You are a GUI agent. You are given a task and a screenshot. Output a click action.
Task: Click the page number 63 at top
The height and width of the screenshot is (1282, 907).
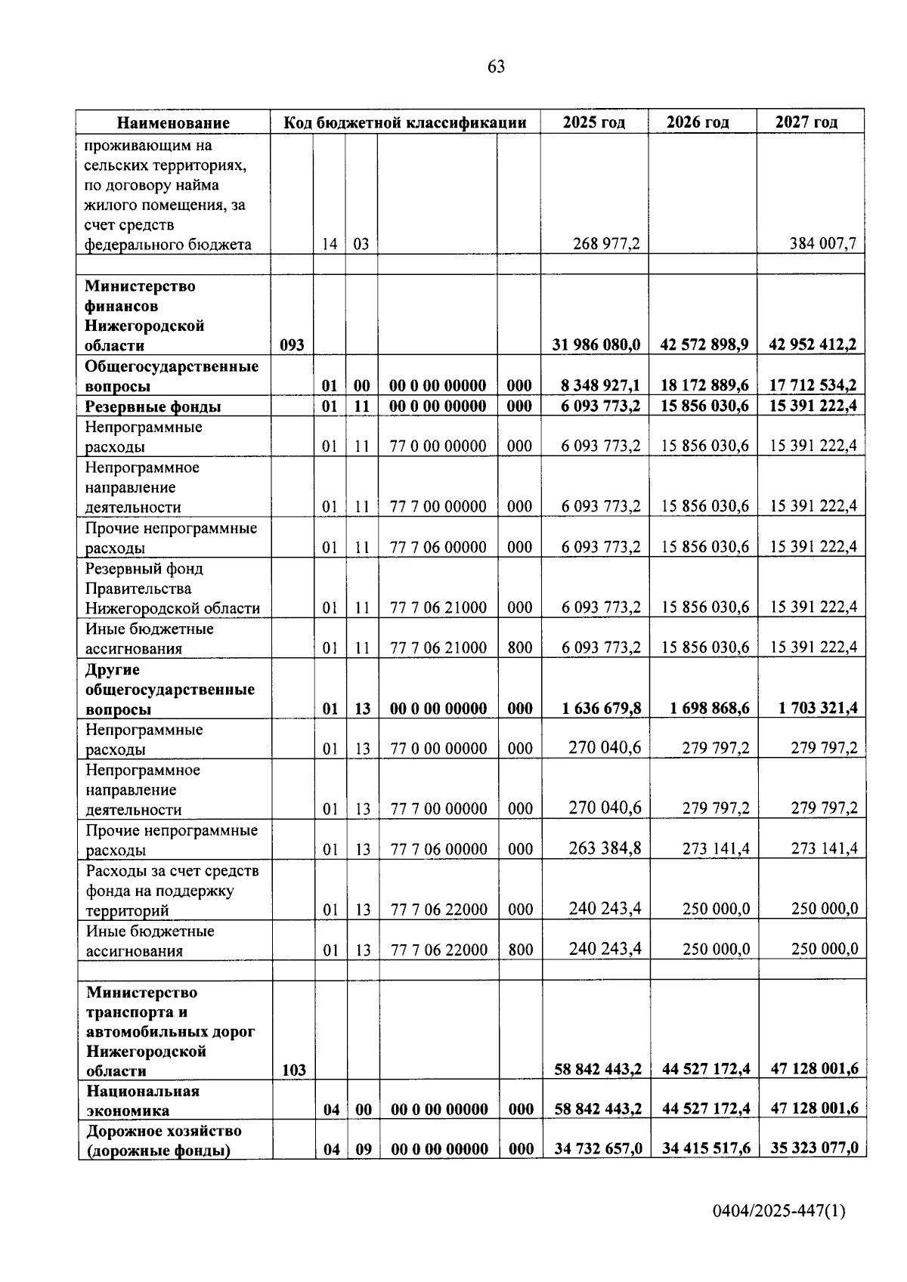[496, 66]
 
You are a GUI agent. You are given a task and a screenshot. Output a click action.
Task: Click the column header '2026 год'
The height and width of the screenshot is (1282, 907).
[702, 122]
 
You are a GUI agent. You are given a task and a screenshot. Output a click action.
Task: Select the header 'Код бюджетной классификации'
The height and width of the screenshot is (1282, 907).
[405, 122]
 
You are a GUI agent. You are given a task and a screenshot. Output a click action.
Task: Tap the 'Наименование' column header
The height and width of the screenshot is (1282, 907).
[173, 122]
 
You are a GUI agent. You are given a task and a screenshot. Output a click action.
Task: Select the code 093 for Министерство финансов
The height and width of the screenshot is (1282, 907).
[292, 345]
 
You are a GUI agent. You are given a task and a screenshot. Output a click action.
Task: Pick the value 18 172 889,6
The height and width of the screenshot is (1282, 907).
[704, 385]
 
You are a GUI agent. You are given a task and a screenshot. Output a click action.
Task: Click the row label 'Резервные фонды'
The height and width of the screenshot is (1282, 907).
[153, 406]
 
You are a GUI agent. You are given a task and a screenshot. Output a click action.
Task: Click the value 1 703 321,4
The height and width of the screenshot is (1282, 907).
[818, 708]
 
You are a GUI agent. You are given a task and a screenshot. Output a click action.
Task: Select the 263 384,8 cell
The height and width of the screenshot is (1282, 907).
[605, 848]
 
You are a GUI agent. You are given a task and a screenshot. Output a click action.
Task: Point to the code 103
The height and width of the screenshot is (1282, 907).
[293, 1070]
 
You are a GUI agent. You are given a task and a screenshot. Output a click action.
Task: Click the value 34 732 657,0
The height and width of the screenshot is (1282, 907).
[598, 1149]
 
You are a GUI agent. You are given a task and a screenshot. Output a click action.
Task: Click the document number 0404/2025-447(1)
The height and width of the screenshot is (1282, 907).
[779, 1212]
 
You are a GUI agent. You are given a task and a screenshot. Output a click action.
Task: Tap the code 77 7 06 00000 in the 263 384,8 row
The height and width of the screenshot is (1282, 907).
[438, 849]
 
